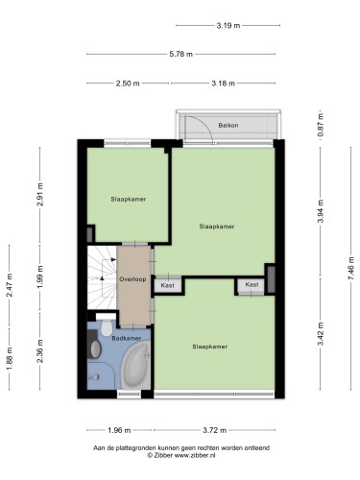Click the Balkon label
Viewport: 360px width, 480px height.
click(228, 125)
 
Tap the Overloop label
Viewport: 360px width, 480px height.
click(132, 279)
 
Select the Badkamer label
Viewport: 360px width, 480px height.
click(127, 338)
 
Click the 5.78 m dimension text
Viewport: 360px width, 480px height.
click(180, 54)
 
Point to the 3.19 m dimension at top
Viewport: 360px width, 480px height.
click(228, 25)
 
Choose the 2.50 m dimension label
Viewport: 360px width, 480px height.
click(128, 84)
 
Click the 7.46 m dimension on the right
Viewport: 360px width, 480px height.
click(351, 268)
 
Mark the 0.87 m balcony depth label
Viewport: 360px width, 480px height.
click(321, 125)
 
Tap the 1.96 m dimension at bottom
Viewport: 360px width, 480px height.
click(119, 430)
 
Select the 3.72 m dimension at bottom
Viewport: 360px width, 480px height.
click(214, 430)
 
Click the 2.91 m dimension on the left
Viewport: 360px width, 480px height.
click(40, 194)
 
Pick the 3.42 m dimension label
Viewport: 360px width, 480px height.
click(321, 333)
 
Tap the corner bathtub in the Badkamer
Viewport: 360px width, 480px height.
click(136, 365)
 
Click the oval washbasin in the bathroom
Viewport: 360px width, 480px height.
click(95, 348)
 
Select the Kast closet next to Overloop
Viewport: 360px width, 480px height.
click(168, 285)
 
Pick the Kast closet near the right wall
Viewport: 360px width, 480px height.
click(252, 284)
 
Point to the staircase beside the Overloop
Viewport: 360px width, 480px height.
click(102, 277)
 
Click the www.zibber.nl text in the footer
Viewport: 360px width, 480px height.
click(195, 455)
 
